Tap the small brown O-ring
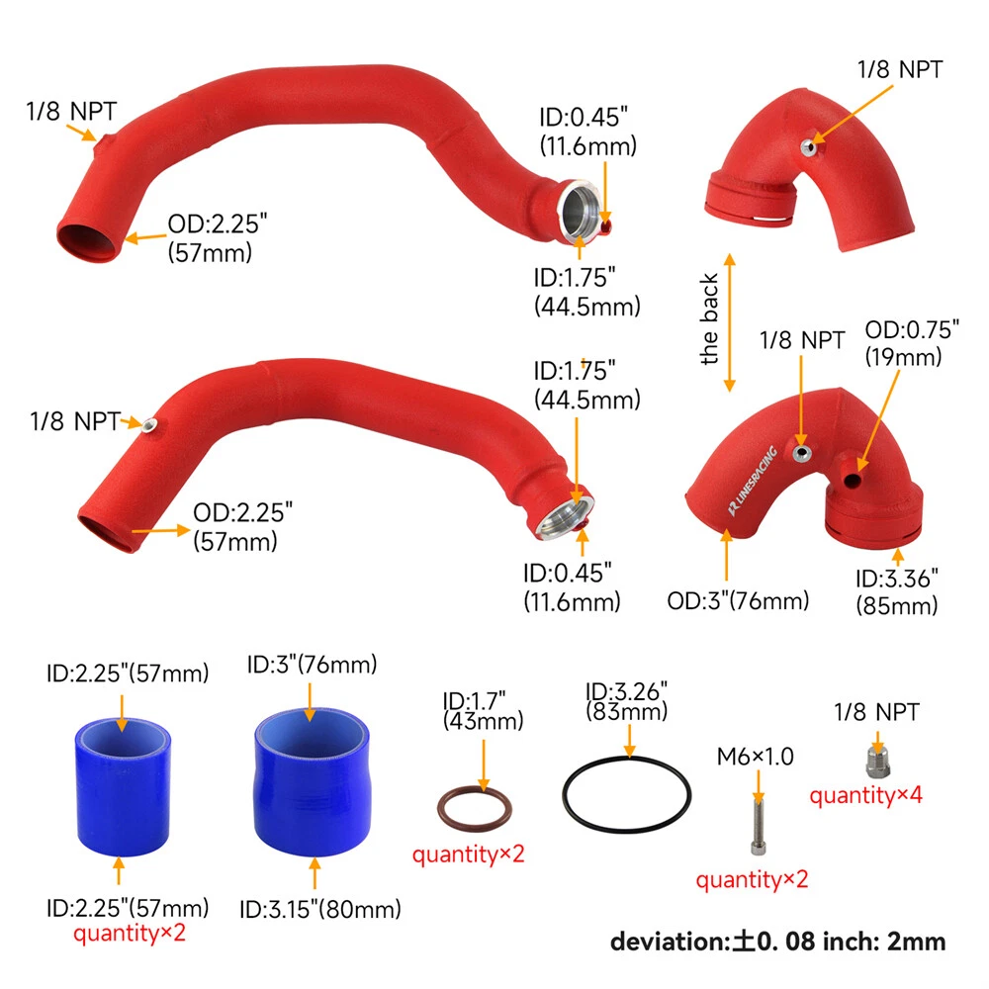475,791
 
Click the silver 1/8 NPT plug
878,762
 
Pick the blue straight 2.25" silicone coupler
123,787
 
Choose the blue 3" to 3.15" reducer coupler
313,782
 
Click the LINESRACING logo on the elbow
753,481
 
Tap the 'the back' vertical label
709,319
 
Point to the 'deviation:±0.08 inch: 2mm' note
777,942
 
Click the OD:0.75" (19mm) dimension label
912,343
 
